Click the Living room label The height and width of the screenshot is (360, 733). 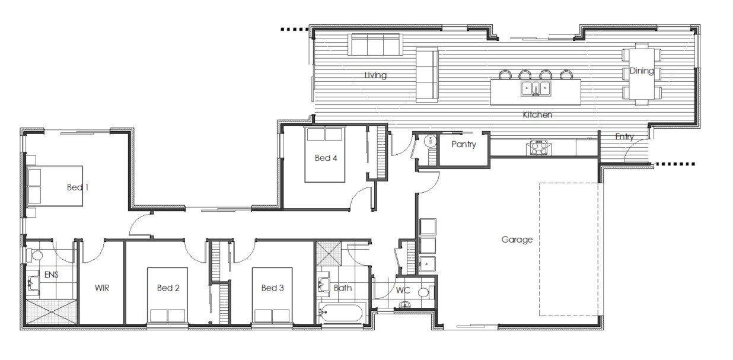[375, 75]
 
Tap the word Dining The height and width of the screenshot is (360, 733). [642, 71]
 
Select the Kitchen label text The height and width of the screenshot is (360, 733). [537, 115]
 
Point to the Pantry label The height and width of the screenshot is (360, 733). [464, 144]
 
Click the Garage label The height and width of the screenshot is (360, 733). [517, 240]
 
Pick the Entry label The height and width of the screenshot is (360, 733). [624, 136]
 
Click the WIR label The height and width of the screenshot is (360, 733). [102, 288]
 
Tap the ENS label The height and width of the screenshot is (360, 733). [52, 274]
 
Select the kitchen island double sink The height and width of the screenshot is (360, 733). [536, 89]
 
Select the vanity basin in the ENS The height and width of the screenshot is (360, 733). [33, 283]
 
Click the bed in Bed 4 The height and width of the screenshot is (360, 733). [324, 154]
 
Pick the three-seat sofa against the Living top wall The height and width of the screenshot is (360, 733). [375, 44]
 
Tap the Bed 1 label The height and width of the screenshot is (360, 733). [78, 187]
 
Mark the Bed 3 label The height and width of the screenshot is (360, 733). [272, 288]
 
